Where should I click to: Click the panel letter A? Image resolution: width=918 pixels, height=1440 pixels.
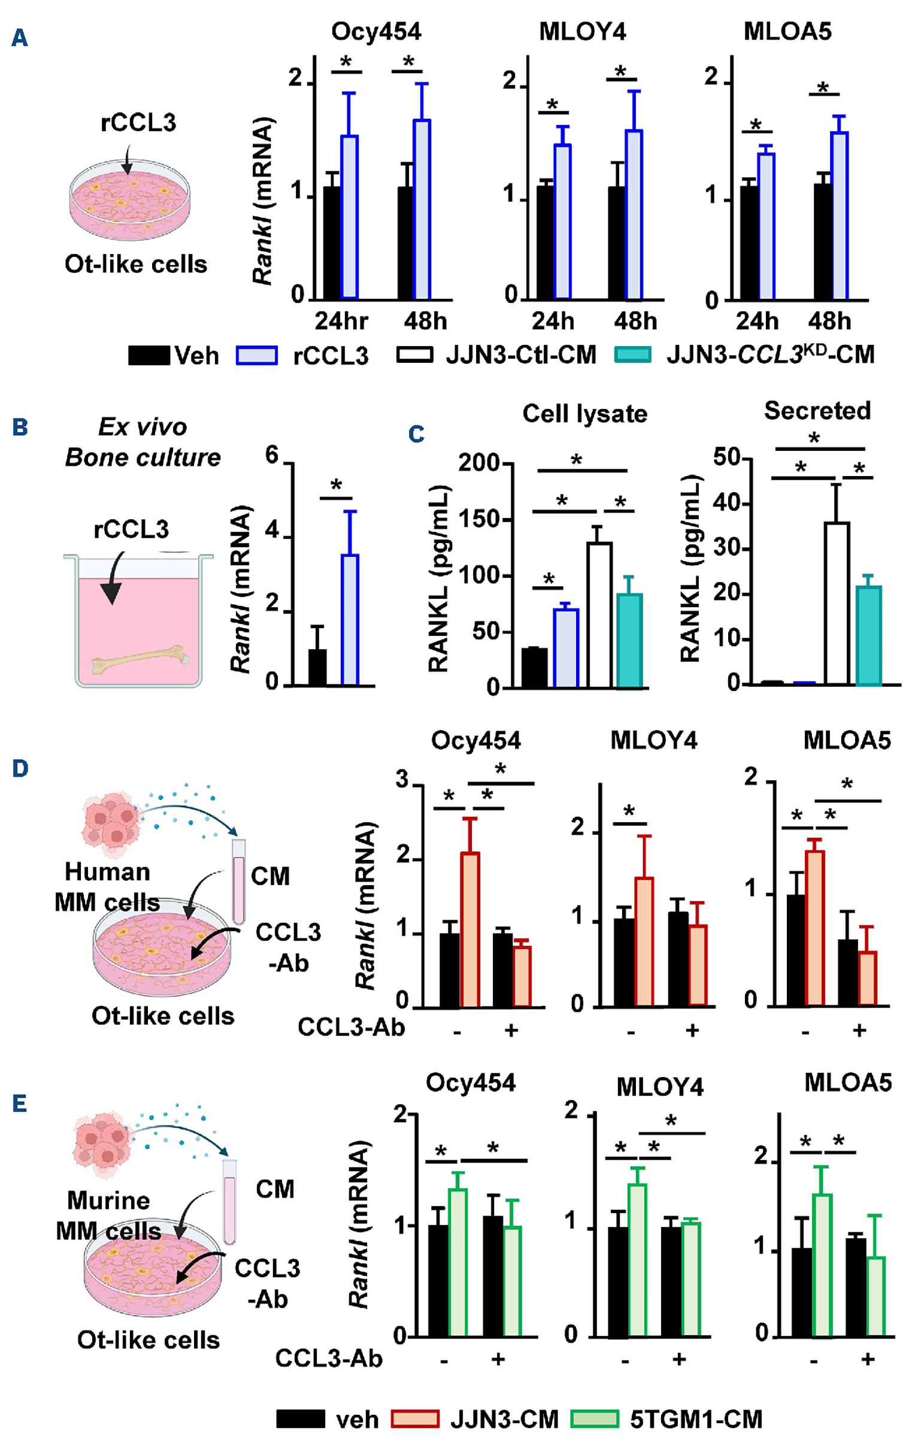[x=19, y=38]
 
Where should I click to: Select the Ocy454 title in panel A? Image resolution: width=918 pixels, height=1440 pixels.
[x=376, y=31]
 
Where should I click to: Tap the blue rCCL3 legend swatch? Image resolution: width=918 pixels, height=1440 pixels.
[x=256, y=355]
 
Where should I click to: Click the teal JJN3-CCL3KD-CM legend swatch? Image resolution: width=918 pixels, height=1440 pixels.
[x=632, y=354]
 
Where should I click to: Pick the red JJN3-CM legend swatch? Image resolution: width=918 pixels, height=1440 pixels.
[x=415, y=1418]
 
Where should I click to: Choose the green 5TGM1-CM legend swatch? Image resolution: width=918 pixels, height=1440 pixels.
[x=594, y=1418]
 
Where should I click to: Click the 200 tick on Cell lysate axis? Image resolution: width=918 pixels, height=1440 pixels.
[x=478, y=463]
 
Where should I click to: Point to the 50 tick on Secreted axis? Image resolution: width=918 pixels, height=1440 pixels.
[x=726, y=458]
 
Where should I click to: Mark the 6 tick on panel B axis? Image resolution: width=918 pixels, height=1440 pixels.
[x=272, y=456]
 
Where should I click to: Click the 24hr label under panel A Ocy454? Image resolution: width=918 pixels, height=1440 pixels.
[x=341, y=321]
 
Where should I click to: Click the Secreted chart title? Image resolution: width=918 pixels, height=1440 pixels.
[x=817, y=411]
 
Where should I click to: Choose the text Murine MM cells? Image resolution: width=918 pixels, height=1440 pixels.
[x=108, y=1215]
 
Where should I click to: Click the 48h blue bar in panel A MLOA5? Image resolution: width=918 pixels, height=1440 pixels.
[x=839, y=216]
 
